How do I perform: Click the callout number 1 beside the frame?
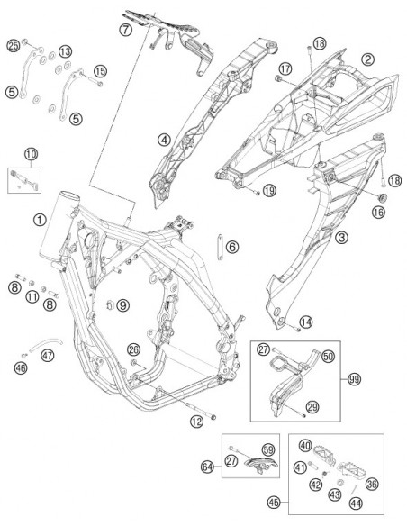coord(40,220)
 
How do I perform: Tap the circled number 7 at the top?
coord(125,30)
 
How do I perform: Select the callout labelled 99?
coord(354,379)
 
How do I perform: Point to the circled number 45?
coord(274,503)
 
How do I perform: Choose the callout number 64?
coord(208,467)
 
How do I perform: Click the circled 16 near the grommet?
coord(379,212)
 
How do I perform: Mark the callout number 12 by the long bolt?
coord(197,422)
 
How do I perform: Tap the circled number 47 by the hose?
coord(48,355)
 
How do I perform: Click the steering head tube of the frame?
coord(59,226)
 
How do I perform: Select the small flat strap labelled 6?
coord(220,247)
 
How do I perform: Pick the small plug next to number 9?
coord(109,304)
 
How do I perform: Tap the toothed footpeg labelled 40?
coord(323,455)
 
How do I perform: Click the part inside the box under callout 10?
coord(24,180)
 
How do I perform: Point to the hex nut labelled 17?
coord(277,79)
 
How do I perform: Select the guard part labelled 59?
coord(261,465)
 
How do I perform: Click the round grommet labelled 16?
coord(382,197)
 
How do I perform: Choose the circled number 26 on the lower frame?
coord(133,349)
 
